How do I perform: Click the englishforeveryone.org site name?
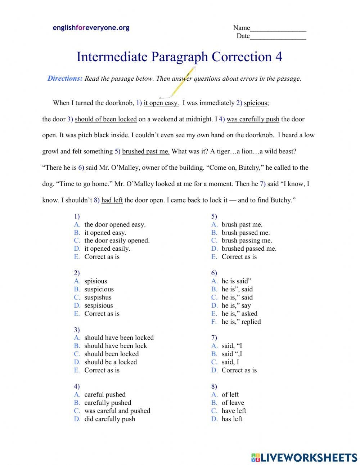(91, 28)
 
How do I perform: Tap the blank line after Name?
(278, 29)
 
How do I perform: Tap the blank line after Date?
(278, 37)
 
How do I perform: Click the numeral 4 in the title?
(278, 57)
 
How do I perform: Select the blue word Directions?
(65, 79)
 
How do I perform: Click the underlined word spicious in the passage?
(256, 103)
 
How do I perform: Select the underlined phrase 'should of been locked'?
(105, 119)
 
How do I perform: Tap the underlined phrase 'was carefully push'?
(253, 119)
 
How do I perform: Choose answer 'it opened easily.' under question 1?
(107, 249)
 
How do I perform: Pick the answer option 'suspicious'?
(99, 289)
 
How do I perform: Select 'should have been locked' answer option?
(119, 337)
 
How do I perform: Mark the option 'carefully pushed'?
(107, 403)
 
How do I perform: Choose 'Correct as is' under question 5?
(239, 257)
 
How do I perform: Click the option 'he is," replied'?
(241, 322)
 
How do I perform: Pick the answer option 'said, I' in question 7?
(230, 362)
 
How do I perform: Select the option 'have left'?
(234, 411)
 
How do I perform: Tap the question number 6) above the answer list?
(214, 273)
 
